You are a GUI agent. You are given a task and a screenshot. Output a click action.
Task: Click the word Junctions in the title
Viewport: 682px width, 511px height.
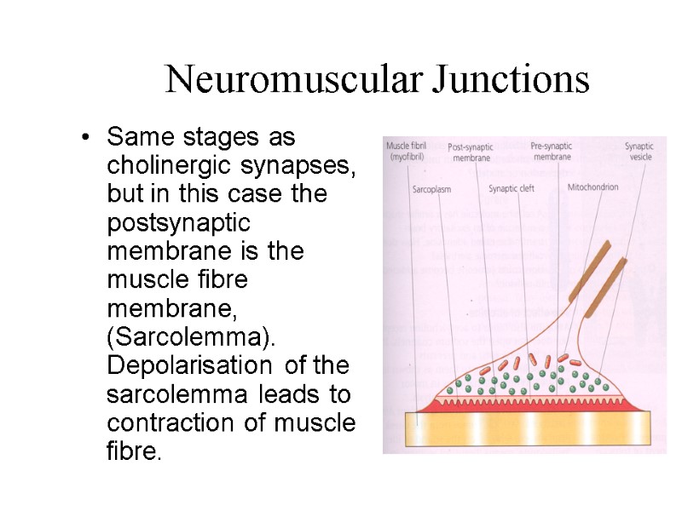pyautogui.click(x=511, y=80)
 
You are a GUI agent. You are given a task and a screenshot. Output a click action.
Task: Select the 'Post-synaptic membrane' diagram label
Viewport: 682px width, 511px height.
pyautogui.click(x=471, y=151)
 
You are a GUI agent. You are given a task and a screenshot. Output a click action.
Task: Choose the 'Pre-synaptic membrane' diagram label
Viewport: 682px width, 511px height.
pyautogui.click(x=551, y=151)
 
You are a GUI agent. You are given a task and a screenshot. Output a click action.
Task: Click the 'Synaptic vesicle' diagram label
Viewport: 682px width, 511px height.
pyautogui.click(x=639, y=151)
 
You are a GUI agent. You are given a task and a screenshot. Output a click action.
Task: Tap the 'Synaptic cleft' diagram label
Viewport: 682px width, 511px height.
pyautogui.click(x=511, y=188)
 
